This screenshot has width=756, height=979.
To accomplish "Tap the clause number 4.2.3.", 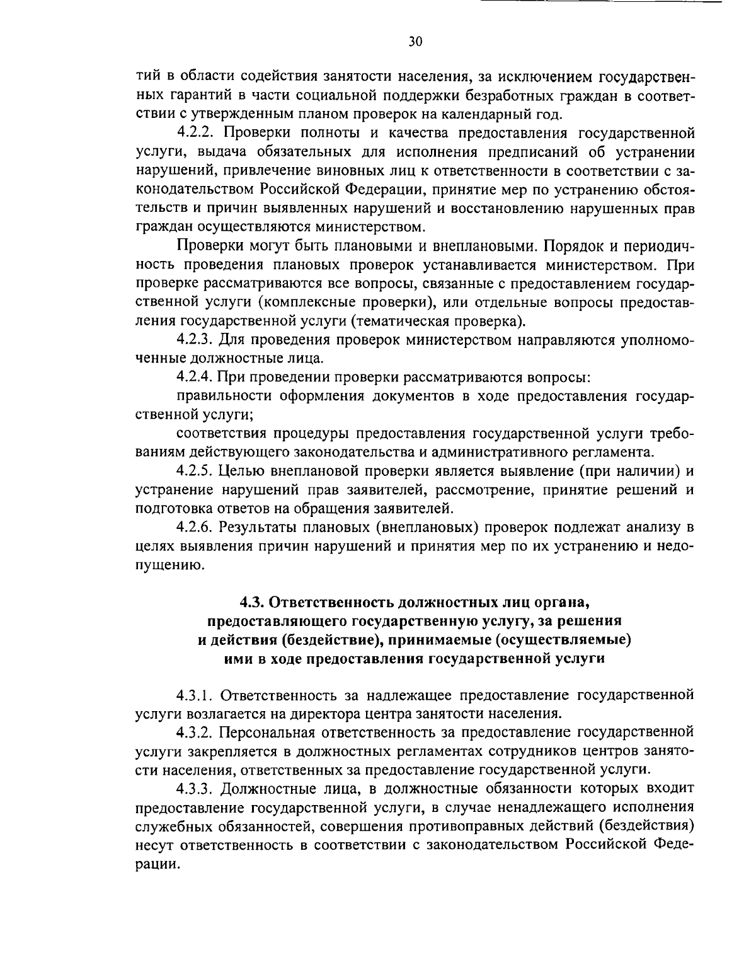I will click(197, 340).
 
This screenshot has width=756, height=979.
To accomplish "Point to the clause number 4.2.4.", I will click(197, 378).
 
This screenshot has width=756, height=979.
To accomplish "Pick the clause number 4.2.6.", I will click(197, 527).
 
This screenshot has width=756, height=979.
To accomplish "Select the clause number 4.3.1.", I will click(197, 695).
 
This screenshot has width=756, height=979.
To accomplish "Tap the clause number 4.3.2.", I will click(197, 733).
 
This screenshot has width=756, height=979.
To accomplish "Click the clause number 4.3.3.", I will click(197, 788).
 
